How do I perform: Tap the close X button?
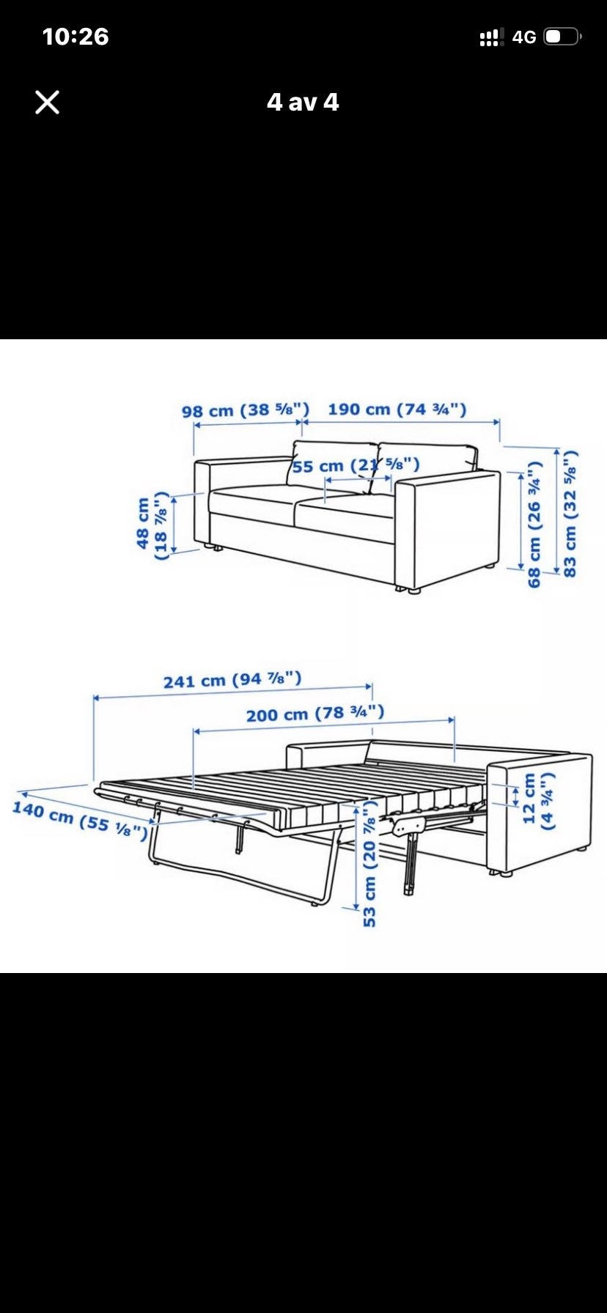click(47, 103)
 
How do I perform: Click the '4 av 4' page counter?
click(303, 102)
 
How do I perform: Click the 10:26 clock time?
click(76, 37)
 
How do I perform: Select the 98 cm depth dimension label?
click(246, 410)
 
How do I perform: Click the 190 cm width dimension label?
click(397, 409)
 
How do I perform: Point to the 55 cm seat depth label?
click(356, 465)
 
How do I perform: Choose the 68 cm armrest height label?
click(534, 524)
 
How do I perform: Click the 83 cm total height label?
click(570, 513)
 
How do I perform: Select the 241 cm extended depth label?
click(232, 680)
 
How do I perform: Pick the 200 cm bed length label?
click(315, 713)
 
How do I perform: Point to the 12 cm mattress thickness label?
click(538, 800)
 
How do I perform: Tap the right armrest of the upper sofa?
click(447, 529)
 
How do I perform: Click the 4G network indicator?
click(524, 37)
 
